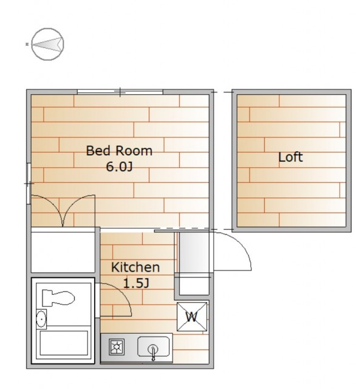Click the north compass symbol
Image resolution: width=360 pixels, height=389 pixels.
click(x=48, y=44)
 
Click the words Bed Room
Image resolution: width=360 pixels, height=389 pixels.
click(x=119, y=151)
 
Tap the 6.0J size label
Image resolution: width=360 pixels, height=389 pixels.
click(x=120, y=167)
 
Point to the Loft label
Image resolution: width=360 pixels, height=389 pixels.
click(x=290, y=157)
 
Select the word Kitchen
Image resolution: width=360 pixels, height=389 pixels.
click(x=135, y=267)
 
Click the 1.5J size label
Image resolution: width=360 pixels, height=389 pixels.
click(x=136, y=283)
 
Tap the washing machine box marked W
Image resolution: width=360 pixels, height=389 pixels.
click(x=192, y=317)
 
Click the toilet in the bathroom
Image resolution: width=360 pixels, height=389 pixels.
click(x=58, y=298)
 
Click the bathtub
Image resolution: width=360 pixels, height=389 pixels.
click(x=64, y=343)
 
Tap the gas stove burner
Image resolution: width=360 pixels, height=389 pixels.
click(x=117, y=347)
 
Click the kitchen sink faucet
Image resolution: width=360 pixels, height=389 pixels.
click(x=153, y=353)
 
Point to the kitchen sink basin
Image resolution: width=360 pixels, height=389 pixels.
click(x=154, y=346)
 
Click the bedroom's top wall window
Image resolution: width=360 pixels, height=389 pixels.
click(x=120, y=92)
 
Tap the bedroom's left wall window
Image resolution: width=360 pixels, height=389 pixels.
click(x=29, y=184)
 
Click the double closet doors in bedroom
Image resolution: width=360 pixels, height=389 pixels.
click(x=63, y=211)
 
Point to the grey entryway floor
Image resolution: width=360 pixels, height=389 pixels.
click(x=194, y=252)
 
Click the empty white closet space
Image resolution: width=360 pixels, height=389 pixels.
click(x=63, y=252)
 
